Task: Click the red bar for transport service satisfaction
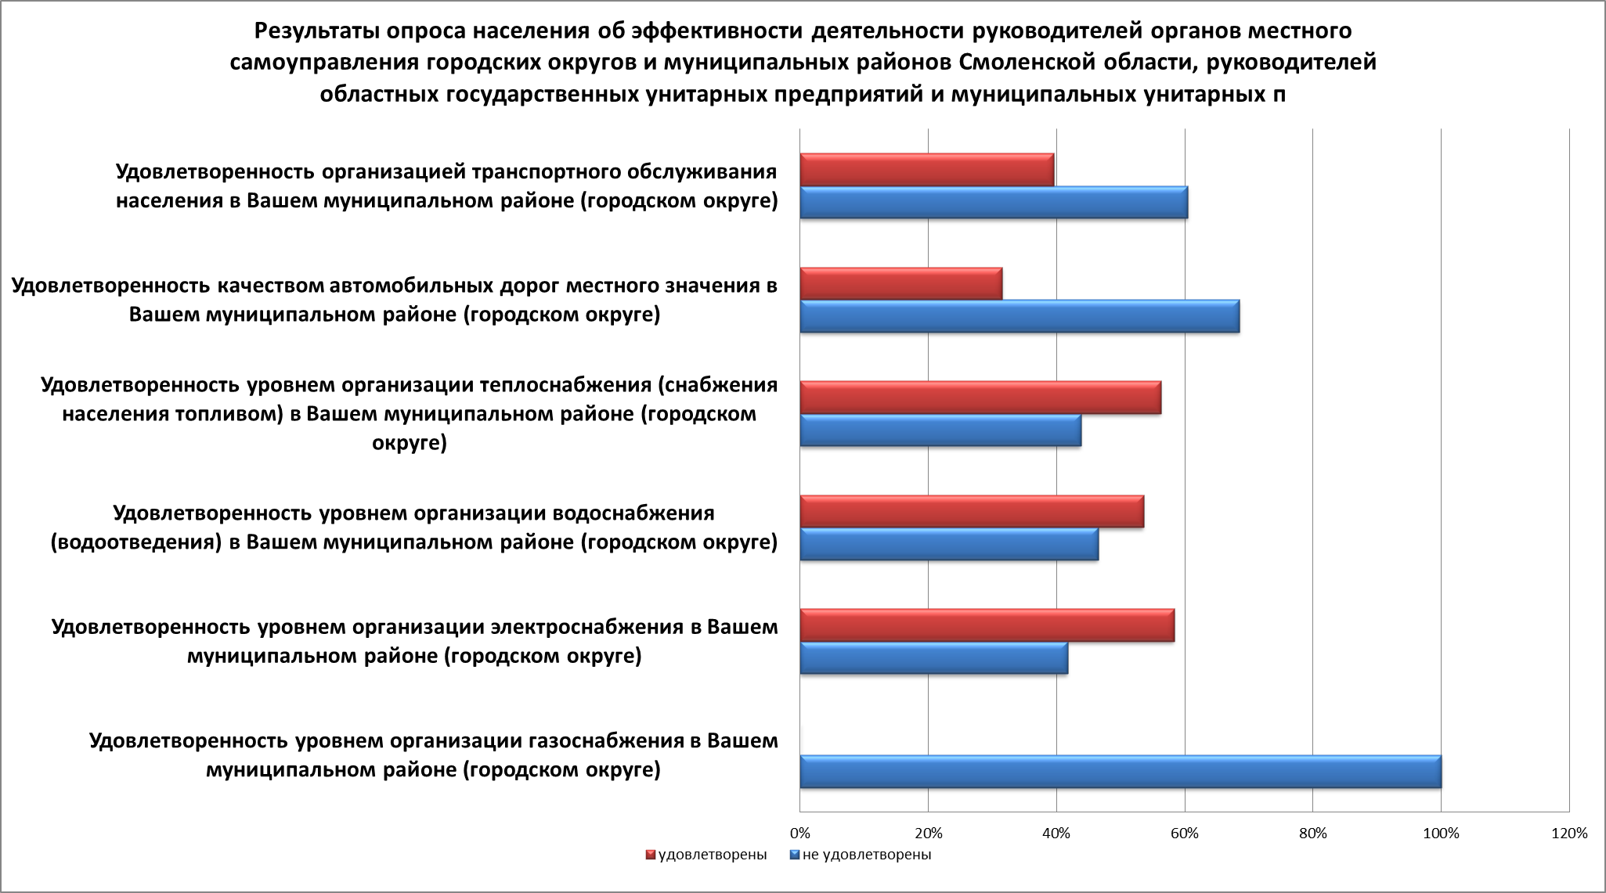(x=927, y=170)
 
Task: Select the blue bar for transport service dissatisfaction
(x=994, y=203)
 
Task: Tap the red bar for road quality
(x=900, y=283)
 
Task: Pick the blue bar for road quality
(x=1020, y=316)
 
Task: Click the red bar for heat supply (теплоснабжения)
(x=980, y=398)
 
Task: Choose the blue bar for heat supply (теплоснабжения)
(x=940, y=430)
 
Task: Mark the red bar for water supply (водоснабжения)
(x=972, y=511)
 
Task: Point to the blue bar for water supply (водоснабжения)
(x=949, y=544)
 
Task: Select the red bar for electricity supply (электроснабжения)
(x=987, y=625)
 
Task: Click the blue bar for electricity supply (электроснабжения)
(x=933, y=658)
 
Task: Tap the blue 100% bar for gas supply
(x=1121, y=772)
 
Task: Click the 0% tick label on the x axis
(x=799, y=834)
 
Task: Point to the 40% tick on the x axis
(x=1056, y=834)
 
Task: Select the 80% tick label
(x=1313, y=834)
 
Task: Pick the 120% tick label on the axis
(x=1568, y=834)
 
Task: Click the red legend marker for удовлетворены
(x=649, y=855)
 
